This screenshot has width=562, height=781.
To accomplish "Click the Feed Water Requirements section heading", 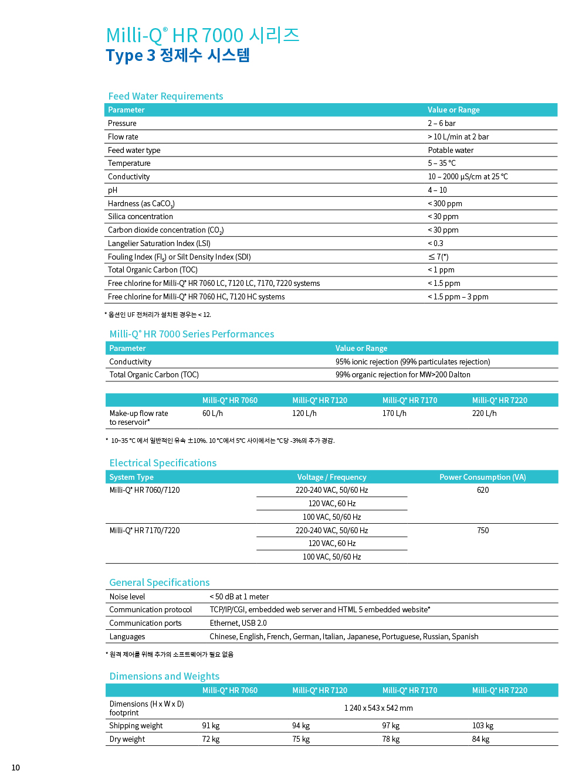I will (165, 96).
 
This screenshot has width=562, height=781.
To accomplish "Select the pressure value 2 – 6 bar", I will (441, 123).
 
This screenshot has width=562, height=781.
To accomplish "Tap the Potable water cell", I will (451, 150).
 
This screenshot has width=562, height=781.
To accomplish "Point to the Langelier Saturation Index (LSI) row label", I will (159, 243).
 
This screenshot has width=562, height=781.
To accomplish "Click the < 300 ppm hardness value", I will (445, 203).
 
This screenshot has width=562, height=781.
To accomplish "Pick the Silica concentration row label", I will (140, 216).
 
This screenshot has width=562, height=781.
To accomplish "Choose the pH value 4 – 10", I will (437, 190).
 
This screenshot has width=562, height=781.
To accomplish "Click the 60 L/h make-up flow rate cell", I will (212, 413).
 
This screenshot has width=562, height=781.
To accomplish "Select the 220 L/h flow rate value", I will (484, 413).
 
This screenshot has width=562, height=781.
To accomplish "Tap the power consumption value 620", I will (483, 490).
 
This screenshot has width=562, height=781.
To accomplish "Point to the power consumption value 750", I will (483, 530).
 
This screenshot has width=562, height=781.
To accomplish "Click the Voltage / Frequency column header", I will (331, 477).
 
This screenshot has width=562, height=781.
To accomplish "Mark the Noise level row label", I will (127, 596).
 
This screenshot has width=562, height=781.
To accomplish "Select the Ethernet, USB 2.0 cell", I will (238, 623).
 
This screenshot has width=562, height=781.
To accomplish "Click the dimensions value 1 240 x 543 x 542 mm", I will (378, 708).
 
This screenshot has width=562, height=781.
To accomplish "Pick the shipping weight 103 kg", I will (483, 725).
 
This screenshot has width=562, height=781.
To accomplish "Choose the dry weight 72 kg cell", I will (211, 739).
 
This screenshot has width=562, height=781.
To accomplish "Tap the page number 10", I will (15, 768).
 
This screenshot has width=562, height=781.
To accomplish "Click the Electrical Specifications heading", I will (162, 463).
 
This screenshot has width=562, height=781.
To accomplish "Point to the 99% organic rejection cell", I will (402, 374).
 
